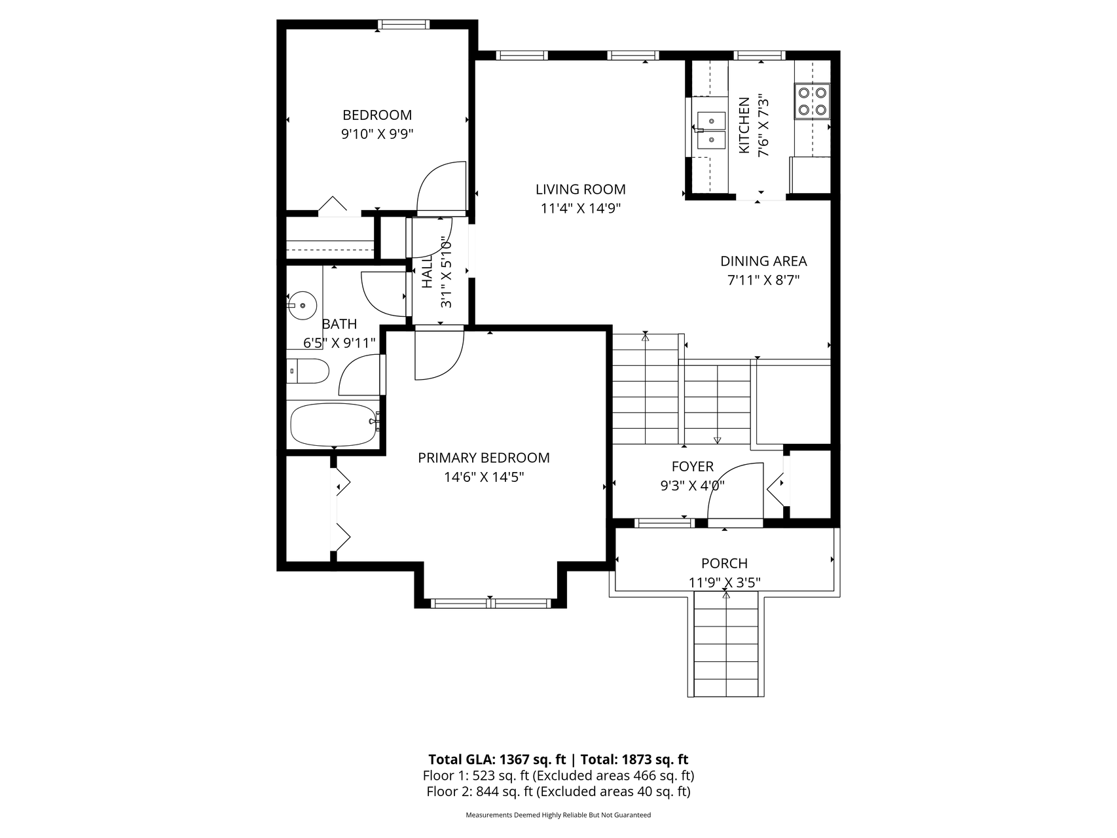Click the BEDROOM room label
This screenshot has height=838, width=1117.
377,115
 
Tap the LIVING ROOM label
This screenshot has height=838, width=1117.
581,190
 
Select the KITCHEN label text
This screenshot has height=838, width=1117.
744,126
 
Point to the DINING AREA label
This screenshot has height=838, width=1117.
763,261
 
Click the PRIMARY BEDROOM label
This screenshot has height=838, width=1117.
484,458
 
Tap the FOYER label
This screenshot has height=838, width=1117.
693,467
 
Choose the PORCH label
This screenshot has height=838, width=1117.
724,564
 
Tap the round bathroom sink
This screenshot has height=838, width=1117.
302,305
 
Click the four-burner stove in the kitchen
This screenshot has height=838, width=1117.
812,101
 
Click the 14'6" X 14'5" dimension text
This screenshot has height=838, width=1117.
484,477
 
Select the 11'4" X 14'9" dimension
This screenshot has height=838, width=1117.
581,209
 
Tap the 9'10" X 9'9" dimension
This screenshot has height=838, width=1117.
377,134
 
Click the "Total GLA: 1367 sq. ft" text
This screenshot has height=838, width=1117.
497,759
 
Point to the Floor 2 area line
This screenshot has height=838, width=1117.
558,792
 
